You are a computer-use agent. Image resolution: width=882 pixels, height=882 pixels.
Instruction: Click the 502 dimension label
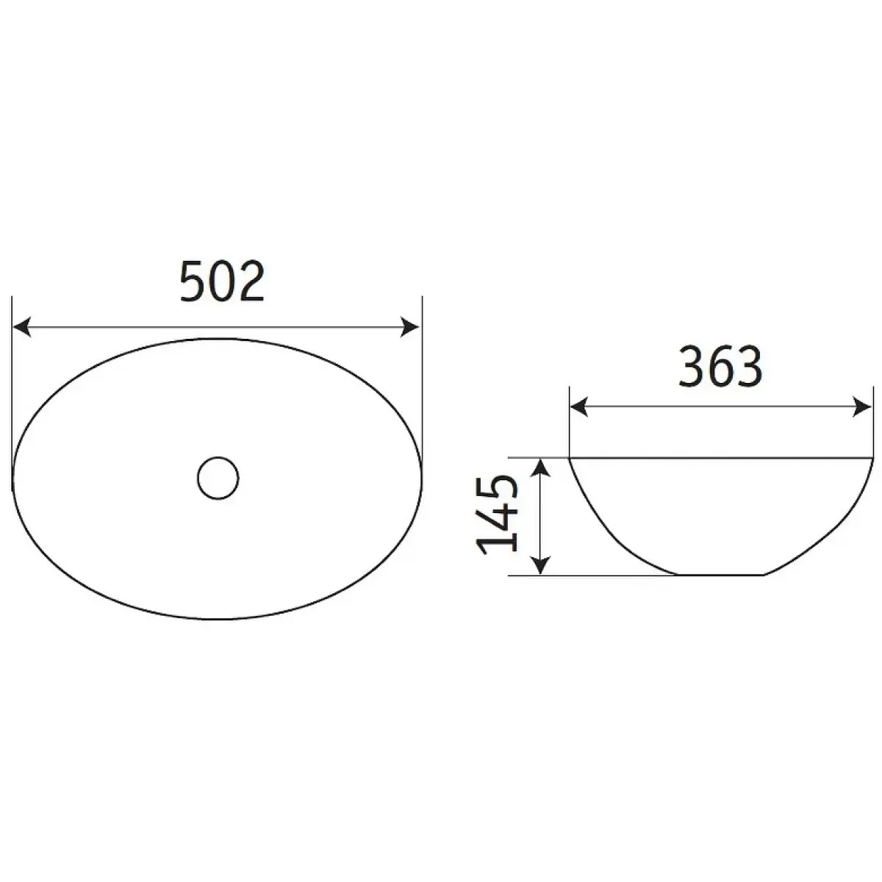click(x=223, y=281)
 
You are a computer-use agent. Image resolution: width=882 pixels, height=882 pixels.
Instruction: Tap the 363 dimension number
click(x=720, y=366)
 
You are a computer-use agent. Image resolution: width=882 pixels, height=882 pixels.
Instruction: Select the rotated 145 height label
click(x=497, y=515)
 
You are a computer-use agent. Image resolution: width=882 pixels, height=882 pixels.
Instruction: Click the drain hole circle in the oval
click(x=218, y=478)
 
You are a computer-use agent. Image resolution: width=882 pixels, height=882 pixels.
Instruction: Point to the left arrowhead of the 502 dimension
click(x=22, y=327)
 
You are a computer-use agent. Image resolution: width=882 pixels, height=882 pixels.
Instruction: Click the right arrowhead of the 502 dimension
click(x=409, y=327)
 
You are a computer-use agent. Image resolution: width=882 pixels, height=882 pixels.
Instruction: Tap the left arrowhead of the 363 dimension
click(x=579, y=407)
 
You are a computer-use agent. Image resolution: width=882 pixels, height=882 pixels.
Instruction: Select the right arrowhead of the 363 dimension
click(x=861, y=407)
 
